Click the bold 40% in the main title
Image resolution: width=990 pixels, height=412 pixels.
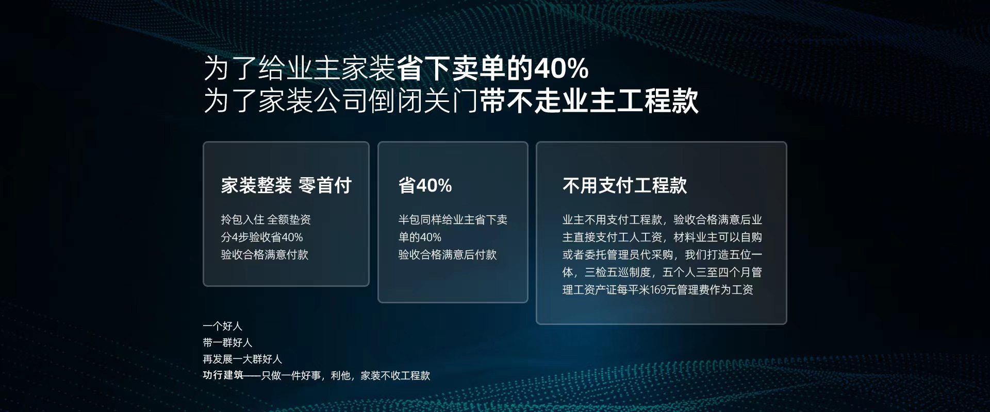(561, 69)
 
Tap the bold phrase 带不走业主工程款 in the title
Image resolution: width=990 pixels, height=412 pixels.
(589, 100)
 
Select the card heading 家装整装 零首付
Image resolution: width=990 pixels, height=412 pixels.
(286, 185)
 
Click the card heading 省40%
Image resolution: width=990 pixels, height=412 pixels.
(425, 185)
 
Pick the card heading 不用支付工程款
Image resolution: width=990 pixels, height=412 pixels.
(624, 185)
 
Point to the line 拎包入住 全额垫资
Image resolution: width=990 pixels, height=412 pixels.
(266, 220)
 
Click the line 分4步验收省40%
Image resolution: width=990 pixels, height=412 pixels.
(262, 237)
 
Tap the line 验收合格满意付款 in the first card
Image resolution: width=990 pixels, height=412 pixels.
(265, 255)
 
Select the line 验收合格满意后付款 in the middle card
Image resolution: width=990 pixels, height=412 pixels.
(447, 255)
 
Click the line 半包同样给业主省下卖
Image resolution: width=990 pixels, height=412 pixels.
(453, 220)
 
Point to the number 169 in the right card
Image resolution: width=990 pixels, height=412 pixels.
(658, 290)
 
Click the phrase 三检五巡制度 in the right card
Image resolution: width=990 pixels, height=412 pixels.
(618, 272)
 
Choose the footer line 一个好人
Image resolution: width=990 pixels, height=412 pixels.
(222, 326)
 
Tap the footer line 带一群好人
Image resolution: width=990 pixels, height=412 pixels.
(227, 342)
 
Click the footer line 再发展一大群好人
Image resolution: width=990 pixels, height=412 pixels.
(242, 359)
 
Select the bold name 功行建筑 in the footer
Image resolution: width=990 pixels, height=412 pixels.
(223, 375)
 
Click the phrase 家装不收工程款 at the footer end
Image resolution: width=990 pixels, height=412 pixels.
(395, 375)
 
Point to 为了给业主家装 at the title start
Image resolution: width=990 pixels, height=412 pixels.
(300, 69)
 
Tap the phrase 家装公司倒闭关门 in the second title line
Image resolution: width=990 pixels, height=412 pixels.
(369, 100)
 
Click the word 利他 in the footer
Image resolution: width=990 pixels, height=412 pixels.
(341, 375)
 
